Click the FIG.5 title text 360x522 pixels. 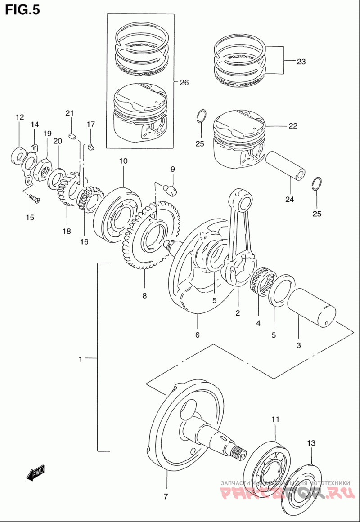pyautogui.click(x=22, y=10)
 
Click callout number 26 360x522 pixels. pyautogui.click(x=184, y=82)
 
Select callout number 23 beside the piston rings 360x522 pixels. pyautogui.click(x=301, y=62)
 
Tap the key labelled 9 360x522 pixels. pyautogui.click(x=171, y=189)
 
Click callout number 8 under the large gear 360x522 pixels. pyautogui.click(x=144, y=296)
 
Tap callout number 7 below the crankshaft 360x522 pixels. pyautogui.click(x=166, y=497)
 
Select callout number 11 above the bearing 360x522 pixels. pyautogui.click(x=275, y=419)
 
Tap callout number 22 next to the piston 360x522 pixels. pyautogui.click(x=293, y=126)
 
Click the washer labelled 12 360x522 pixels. pyautogui.click(x=18, y=155)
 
